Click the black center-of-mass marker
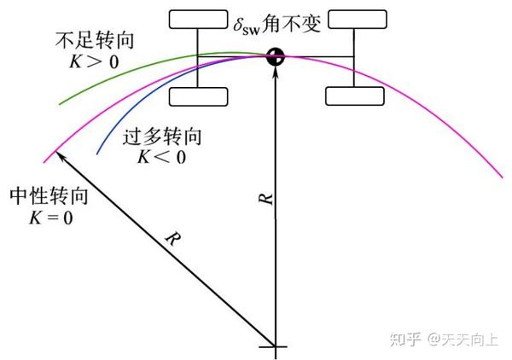point(275,57)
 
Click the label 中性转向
point(49,195)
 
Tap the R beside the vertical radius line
point(266,198)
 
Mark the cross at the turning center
point(275,347)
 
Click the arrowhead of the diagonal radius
point(57,154)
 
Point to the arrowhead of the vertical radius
point(275,72)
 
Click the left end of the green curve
point(61,104)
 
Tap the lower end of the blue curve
point(97,154)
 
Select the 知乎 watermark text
point(404,340)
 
